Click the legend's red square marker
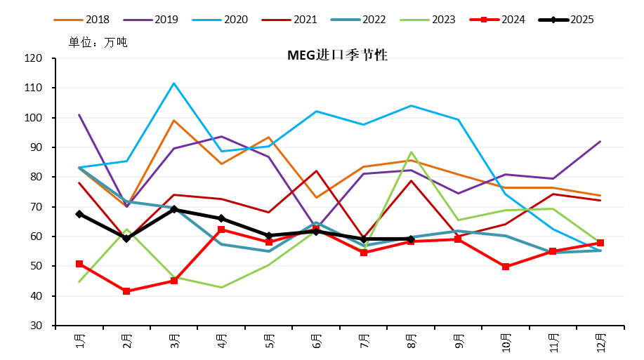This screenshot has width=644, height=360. pos(484,20)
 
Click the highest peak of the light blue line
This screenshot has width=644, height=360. pos(174,84)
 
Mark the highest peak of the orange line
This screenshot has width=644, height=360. pos(174,120)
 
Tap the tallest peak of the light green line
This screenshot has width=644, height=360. pos(411,152)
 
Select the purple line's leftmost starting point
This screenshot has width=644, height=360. pos(79,114)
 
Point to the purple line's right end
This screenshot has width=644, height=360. pos(600,141)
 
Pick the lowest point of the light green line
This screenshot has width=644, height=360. pos(221,287)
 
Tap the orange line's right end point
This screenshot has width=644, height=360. pos(600,195)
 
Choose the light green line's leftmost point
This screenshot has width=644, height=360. pos(79,281)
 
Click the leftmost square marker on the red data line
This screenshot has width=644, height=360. pos(79,264)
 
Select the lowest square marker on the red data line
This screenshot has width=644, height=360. pos(126,291)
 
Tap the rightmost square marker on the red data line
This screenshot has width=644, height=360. pos(600,243)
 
